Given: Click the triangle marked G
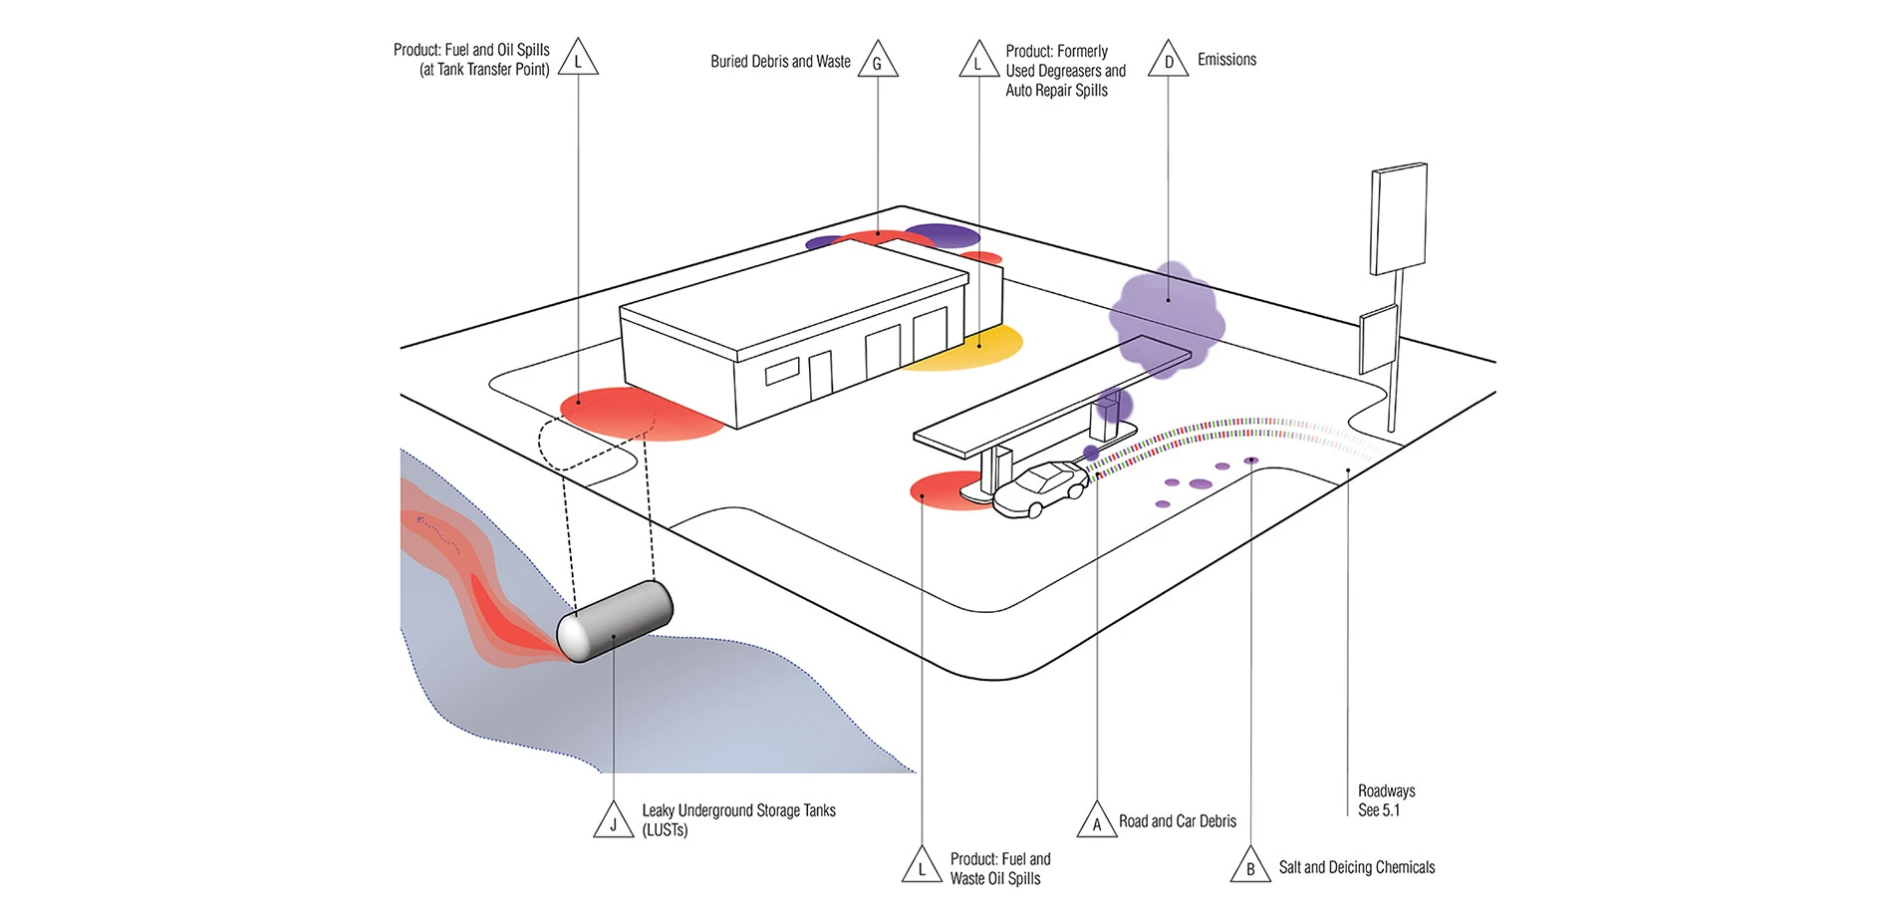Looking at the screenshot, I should tap(878, 62).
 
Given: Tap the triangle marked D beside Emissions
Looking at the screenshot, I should tap(1168, 62).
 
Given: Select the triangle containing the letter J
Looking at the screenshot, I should tap(614, 822).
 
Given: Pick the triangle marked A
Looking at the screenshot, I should tap(1097, 822).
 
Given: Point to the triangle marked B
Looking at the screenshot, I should tap(1250, 867).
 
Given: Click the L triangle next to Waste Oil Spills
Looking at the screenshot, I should tap(922, 867).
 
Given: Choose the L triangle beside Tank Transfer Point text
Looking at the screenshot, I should tap(578, 60).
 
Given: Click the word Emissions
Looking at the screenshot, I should tap(1226, 60).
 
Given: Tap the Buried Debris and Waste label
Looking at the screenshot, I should tap(780, 62).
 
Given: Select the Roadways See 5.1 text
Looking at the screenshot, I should tap(1386, 800).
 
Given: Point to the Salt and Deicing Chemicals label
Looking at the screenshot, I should tap(1356, 867).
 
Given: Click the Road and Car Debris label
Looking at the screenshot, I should tap(1177, 821).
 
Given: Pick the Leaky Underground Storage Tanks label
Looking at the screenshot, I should tap(738, 819).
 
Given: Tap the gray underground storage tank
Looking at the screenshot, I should tap(615, 621).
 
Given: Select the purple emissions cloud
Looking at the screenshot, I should tap(1166, 314).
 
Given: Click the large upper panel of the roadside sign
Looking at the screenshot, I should tap(1399, 219).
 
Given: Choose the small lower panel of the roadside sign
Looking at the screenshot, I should tap(1379, 339).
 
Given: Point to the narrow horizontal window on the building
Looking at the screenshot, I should tap(780, 373).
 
